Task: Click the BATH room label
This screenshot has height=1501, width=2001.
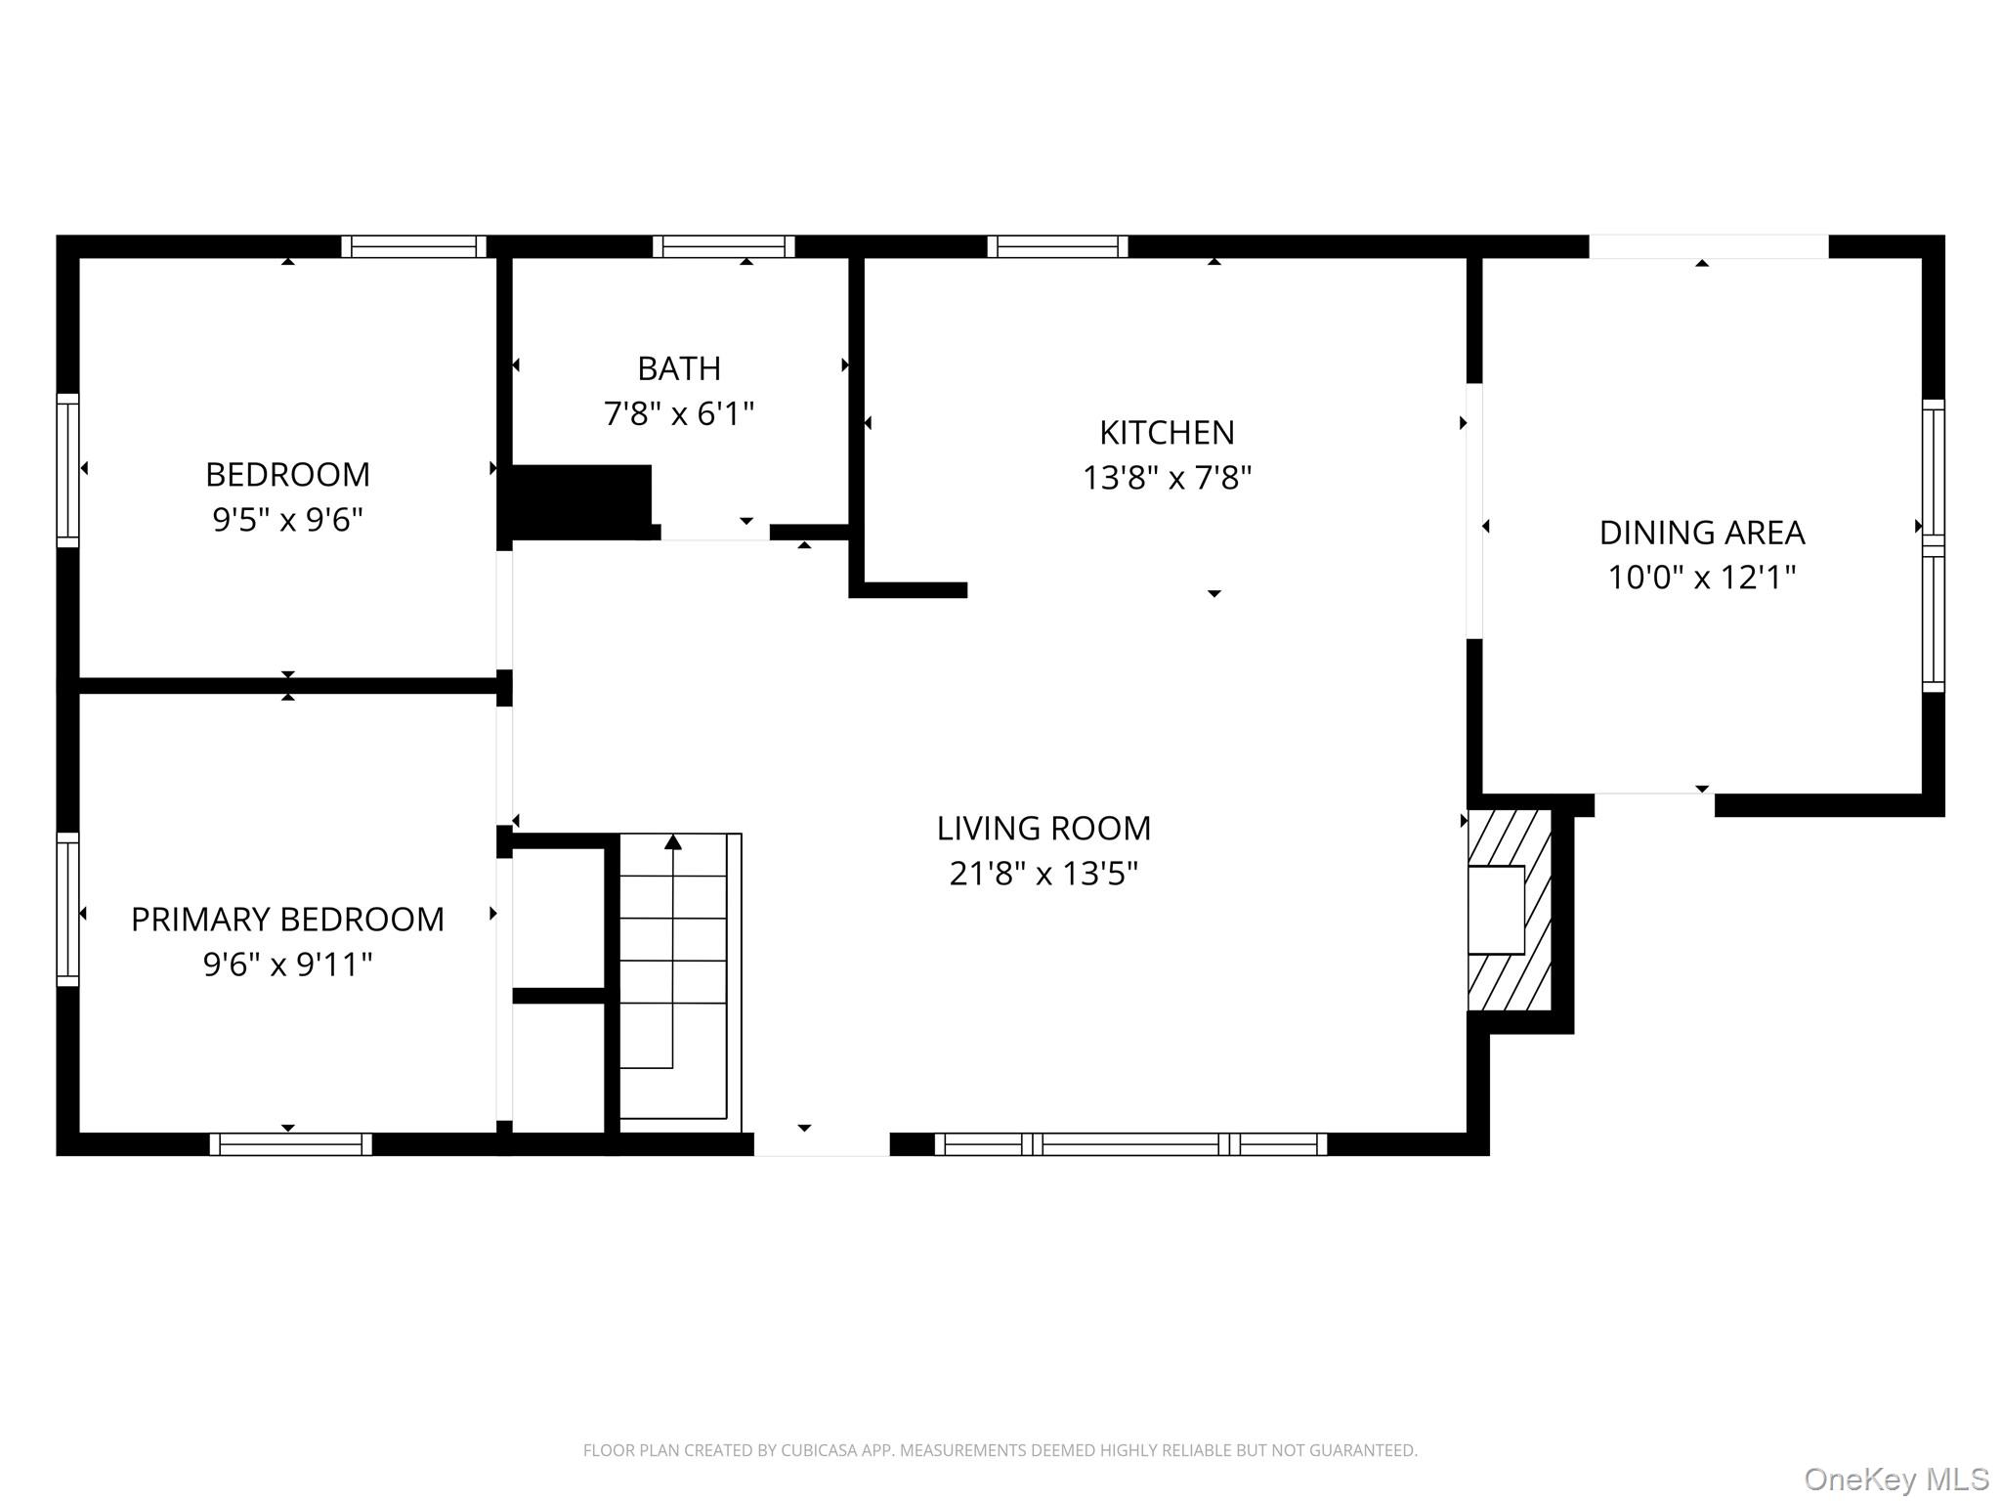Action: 679,368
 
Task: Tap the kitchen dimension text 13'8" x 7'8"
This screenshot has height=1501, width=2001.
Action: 1167,478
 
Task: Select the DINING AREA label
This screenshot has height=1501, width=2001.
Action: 1701,533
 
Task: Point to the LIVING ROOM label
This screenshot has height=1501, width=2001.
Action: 1043,829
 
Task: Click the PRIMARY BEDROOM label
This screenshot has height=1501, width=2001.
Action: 287,920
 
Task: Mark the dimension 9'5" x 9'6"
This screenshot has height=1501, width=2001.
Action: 287,520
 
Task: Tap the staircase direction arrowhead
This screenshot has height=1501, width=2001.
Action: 673,841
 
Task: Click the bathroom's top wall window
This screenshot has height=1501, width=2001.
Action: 723,246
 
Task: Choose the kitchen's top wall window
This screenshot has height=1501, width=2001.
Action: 1057,246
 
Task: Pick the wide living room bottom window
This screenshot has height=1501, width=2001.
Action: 1130,1144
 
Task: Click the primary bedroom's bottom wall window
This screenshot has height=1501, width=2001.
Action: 290,1144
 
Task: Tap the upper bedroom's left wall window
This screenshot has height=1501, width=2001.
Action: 67,470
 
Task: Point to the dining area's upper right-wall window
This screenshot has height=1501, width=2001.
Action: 1933,472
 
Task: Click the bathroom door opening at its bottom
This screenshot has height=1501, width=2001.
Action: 714,533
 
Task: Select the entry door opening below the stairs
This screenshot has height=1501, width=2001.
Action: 821,1144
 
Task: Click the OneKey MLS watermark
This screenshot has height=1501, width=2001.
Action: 1895,1480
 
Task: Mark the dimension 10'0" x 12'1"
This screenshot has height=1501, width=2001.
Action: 1701,579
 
